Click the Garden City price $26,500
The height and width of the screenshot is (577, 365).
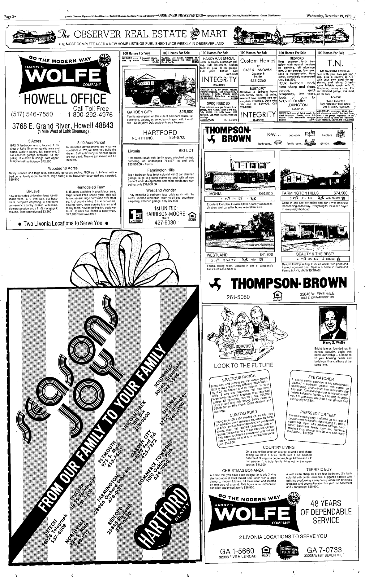tap(186, 112)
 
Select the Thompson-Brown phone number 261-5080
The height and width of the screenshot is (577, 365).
tap(238, 297)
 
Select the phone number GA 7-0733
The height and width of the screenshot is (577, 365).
tap(324, 550)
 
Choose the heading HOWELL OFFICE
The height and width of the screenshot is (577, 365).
tap(65, 99)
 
